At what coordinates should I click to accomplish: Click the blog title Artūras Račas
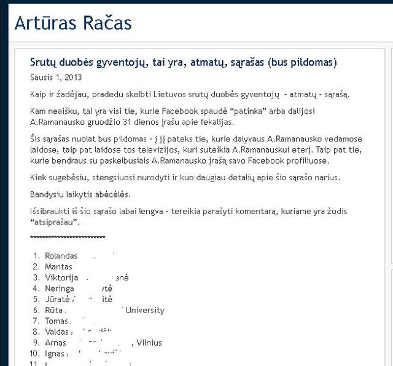point(73,23)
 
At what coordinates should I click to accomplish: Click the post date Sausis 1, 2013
point(56,78)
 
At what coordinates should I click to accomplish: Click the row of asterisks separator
point(68,238)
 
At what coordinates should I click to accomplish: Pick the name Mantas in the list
point(58,266)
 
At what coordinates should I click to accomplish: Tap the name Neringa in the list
point(60,288)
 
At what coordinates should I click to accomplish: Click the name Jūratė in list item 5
point(58,299)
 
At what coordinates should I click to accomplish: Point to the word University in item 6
point(145,310)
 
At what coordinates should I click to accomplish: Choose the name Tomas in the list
point(56,321)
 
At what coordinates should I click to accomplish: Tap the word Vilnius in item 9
point(149,343)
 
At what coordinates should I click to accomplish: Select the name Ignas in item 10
point(55,354)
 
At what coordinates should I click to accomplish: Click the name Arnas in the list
point(56,343)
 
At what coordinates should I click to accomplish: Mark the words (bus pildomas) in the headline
point(302,62)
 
